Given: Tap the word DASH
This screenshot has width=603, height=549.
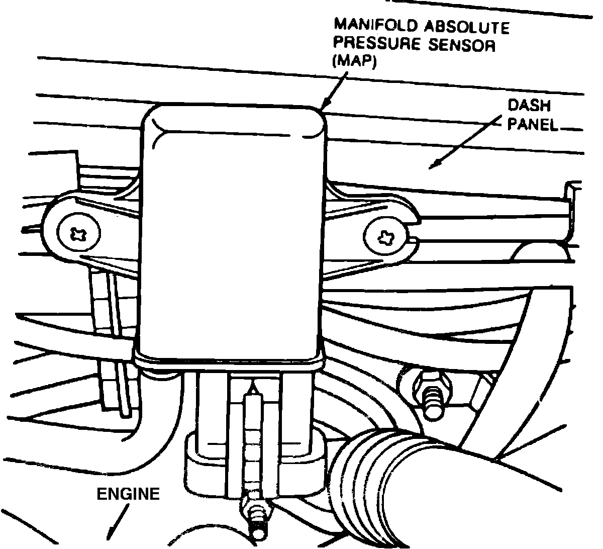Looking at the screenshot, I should point(529,106).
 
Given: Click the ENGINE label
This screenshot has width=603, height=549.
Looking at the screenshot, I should point(128,494).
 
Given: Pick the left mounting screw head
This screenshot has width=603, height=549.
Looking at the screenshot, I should point(79,234).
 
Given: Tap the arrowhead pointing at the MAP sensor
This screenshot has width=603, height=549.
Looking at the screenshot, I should point(325,103).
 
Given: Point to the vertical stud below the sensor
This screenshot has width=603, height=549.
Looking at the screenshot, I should point(252,442).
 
